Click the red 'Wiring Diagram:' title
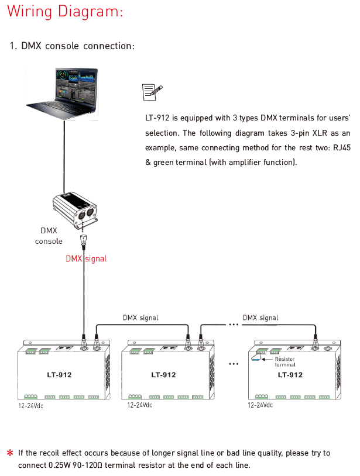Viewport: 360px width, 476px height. pos(65,12)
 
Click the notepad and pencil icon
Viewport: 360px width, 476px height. pos(152,92)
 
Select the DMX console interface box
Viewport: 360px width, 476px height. pos(75,209)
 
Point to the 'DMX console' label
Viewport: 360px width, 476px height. pos(49,236)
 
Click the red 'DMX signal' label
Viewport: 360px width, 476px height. pos(86,258)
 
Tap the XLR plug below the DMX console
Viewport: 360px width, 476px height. pos(83,241)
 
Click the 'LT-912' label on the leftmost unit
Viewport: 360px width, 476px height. pos(59,375)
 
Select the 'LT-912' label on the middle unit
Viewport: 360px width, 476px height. pos(163,375)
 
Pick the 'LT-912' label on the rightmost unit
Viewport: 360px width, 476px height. pos(290,375)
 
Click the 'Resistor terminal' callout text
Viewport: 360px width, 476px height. pos(285,362)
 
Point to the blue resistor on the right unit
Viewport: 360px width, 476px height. pos(256,359)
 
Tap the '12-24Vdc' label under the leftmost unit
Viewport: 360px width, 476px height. pos(30,406)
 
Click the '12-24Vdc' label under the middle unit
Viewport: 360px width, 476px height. pos(140,405)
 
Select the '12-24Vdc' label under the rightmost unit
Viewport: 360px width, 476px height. pos(260,405)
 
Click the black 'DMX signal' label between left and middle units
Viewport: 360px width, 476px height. pos(140,318)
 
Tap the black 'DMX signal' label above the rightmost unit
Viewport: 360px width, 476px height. pos(260,318)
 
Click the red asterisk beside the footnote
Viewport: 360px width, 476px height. pos(10,453)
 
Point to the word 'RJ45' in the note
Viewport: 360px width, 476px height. pos(342,148)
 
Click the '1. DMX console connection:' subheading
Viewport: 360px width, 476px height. pos(72,46)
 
